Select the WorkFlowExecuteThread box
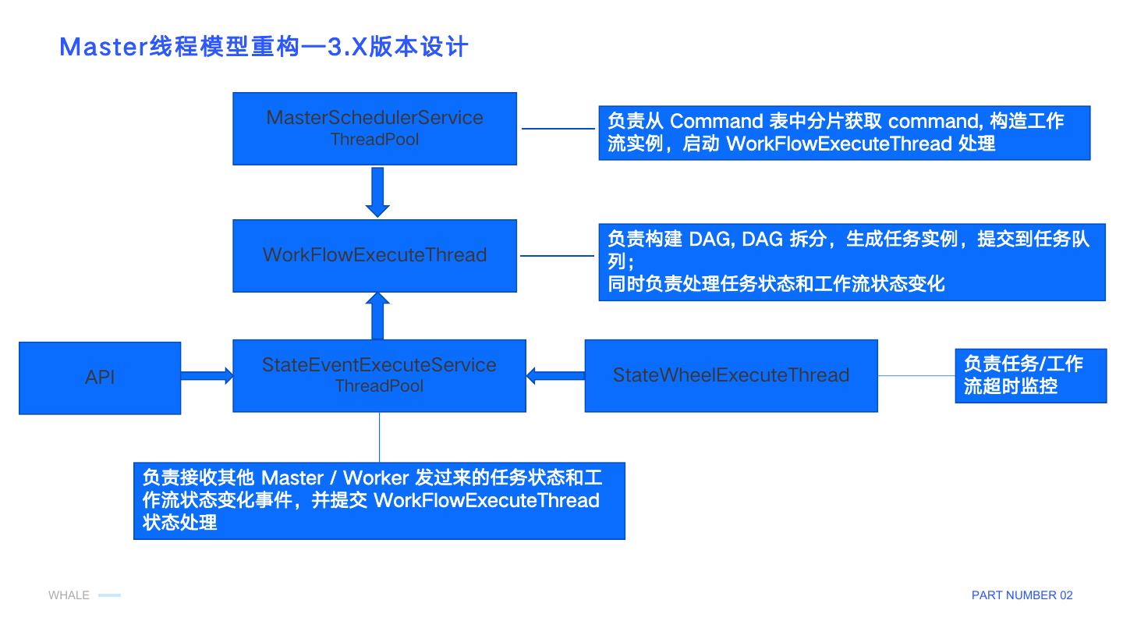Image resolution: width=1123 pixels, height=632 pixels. tap(374, 255)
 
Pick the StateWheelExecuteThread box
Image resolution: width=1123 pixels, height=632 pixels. tap(731, 375)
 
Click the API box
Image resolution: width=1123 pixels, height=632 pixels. tap(100, 378)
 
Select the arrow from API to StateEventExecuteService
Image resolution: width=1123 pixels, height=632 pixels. tap(207, 376)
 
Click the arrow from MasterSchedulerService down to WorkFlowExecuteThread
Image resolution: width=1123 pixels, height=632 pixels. tap(377, 191)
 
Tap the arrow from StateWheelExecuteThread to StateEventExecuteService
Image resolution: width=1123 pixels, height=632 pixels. tap(555, 375)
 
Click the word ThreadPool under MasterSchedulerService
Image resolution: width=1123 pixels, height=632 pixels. tap(374, 140)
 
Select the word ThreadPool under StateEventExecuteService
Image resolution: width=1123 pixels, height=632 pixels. tap(379, 386)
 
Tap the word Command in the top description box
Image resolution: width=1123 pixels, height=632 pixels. tap(716, 121)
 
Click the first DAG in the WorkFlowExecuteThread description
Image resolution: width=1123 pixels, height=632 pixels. tap(710, 240)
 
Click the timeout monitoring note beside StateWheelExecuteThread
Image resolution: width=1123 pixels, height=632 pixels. tap(1029, 375)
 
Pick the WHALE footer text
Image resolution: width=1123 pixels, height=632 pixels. tap(69, 595)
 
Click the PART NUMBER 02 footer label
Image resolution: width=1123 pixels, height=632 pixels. tap(1022, 595)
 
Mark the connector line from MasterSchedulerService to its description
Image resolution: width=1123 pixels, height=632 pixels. tap(558, 129)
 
